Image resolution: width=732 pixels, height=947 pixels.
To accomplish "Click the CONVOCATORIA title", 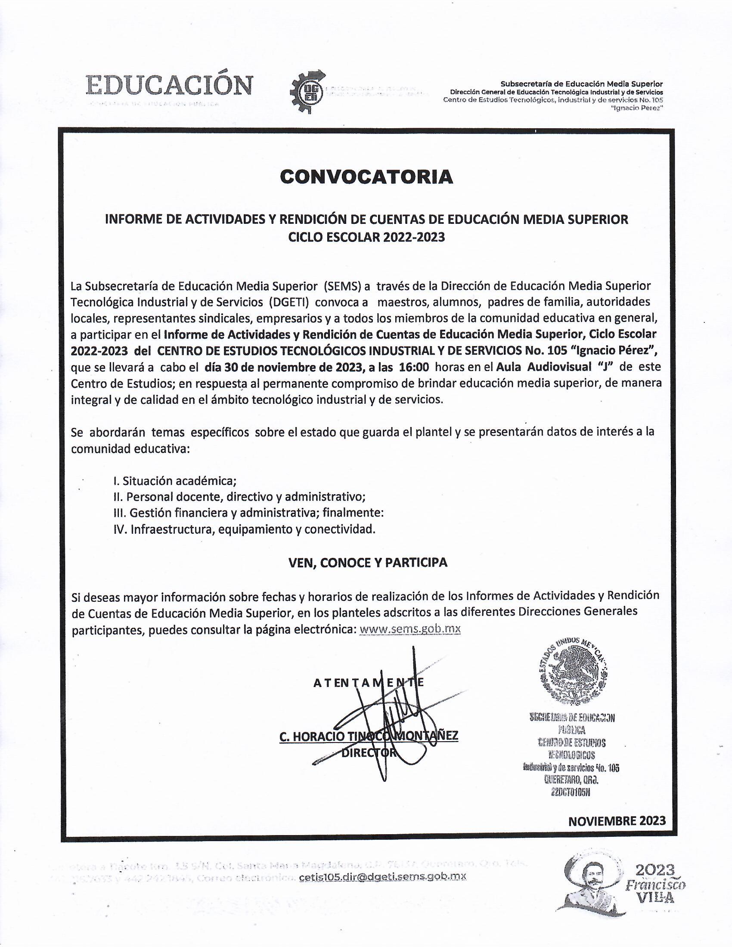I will coord(366,177).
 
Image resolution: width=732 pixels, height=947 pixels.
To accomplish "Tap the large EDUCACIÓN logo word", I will coord(169,84).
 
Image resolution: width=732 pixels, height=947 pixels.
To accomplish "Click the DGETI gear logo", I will coord(307,92).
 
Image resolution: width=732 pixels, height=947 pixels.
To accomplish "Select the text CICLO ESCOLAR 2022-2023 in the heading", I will coord(366,238).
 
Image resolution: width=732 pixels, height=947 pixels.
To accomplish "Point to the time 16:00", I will coord(414,367).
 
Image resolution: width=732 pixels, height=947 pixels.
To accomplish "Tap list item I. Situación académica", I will coord(175,481).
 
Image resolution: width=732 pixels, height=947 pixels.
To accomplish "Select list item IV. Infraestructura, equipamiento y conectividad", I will coord(244,529).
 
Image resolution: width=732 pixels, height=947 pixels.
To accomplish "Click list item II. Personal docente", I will coord(239,497).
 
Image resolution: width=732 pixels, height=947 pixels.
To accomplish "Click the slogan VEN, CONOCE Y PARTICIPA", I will coord(368,563).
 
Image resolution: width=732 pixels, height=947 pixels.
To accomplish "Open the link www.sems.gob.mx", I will coord(410,629).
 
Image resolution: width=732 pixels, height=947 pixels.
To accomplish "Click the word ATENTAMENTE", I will coord(368,683).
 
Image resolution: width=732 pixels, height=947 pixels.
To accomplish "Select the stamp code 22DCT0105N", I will coord(571,792).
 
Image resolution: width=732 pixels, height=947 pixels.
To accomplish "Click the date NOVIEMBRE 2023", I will coord(617,821).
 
